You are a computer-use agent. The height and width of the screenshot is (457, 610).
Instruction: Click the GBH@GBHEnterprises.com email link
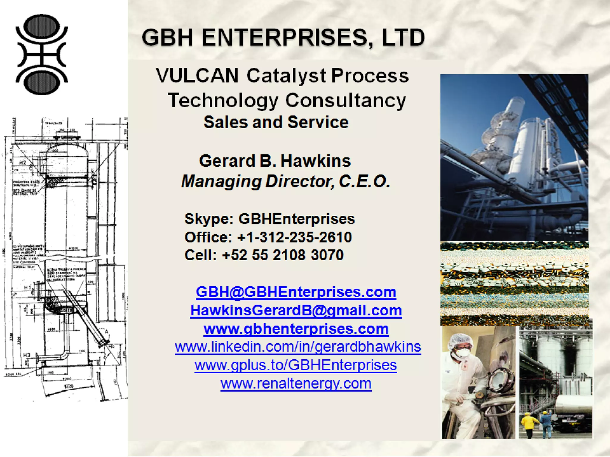pos(296,292)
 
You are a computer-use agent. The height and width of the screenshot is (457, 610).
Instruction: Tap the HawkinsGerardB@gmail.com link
pos(296,310)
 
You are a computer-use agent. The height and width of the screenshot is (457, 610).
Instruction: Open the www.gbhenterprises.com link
pos(296,329)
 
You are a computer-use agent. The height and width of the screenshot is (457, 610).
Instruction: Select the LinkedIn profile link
pos(298,347)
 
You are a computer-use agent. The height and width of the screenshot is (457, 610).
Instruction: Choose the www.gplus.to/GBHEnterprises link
pos(295,365)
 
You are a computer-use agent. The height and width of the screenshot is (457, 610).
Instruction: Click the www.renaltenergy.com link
pos(296,384)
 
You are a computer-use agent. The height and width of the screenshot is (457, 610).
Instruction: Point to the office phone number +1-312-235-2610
pos(294,237)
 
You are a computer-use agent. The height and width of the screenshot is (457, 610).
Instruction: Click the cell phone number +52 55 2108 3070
pos(283,255)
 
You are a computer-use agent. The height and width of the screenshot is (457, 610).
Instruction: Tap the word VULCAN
pos(197,76)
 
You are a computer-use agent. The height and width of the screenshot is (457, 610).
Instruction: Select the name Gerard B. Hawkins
pos(275,161)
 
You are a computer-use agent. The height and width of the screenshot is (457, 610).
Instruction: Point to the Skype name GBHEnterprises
pos(296,219)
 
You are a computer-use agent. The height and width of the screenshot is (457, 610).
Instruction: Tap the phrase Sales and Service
pos(276,122)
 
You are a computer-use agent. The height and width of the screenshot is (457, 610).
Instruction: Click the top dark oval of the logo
pos(41,26)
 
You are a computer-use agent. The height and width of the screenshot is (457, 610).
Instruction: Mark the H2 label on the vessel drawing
pos(23,163)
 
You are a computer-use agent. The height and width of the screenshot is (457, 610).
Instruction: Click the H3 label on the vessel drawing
pos(27,355)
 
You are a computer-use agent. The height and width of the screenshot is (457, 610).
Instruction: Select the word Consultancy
pos(346,100)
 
